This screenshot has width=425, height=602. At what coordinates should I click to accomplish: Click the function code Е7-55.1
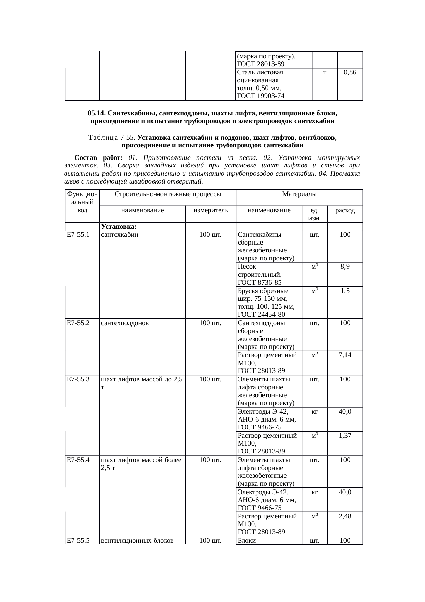(78, 235)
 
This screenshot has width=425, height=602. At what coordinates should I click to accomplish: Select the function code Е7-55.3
(78, 379)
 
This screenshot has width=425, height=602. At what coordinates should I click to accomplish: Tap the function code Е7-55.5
(78, 541)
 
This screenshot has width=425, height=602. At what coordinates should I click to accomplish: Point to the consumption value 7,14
(345, 355)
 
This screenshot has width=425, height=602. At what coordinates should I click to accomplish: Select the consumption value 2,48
(345, 516)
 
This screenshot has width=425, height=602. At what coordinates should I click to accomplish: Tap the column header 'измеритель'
(210, 210)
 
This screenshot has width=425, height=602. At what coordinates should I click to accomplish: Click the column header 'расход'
(345, 210)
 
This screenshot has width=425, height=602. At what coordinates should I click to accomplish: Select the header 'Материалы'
(299, 194)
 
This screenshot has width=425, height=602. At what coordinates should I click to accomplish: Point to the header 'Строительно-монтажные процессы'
(167, 194)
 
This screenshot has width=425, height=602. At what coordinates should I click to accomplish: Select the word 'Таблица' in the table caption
(103, 138)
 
